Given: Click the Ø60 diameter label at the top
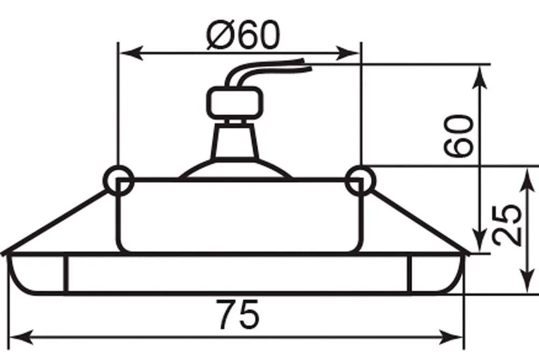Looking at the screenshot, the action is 243,34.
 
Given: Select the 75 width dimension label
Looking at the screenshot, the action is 237,314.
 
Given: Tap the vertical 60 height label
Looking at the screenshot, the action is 458,136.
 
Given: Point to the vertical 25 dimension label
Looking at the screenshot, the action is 506,225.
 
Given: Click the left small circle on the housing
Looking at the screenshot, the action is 118,181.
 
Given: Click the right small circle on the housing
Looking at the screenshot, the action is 360,181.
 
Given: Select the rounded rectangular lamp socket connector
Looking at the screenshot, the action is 235,103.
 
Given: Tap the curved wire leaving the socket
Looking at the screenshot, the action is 264,71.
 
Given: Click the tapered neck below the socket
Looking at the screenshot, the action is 235,141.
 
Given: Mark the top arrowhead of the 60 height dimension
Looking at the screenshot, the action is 481,78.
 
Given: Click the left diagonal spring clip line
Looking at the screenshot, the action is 55,223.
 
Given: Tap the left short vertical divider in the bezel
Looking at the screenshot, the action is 66,274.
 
